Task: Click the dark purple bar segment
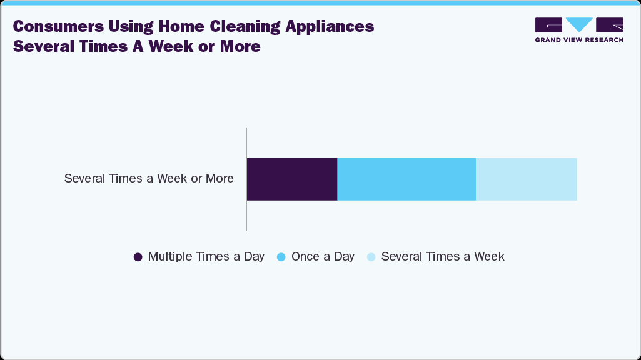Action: point(292,179)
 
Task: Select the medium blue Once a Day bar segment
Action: point(406,179)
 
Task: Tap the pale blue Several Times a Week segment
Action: point(526,179)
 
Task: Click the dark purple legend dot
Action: point(138,257)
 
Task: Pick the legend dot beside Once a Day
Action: point(281,257)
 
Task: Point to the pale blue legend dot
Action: point(371,257)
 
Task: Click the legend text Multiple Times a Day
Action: point(206,257)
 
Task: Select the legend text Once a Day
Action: point(323,257)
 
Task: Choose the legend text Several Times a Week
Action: point(442,257)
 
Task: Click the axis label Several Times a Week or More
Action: point(149,179)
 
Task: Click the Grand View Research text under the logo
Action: point(579,40)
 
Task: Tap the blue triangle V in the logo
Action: point(579,24)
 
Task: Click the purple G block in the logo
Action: point(548,25)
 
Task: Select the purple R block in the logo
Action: point(610,25)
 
